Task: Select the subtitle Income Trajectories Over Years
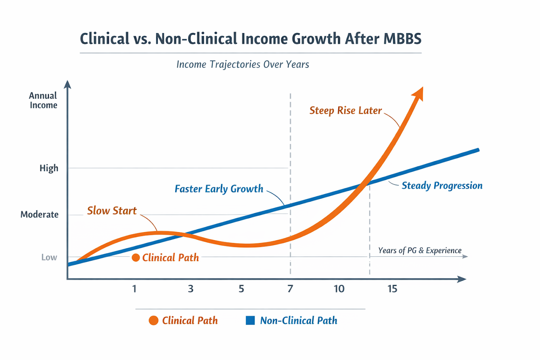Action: point(243,64)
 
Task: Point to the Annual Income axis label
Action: point(43,100)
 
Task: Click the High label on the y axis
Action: point(49,168)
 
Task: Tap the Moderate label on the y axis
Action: point(39,214)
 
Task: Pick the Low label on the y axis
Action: point(49,257)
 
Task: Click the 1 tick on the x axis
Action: point(134,289)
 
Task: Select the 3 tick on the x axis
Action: point(190,289)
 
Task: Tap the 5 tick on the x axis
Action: point(241,289)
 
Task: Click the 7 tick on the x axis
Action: point(290,289)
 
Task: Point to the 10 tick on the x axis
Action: point(339,289)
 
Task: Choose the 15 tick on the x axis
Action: point(392,289)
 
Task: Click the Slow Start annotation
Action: point(112,210)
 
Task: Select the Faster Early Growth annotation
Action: point(219,188)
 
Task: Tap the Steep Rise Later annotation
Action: point(345,110)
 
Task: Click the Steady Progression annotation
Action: point(442,186)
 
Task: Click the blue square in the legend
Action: point(251,321)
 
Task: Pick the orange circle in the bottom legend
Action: point(153,321)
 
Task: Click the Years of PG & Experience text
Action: point(420,251)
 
